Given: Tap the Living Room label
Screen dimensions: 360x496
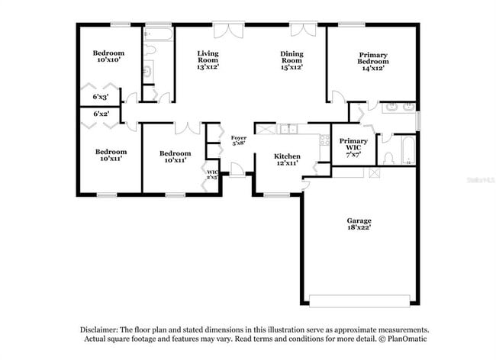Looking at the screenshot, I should tap(208, 59).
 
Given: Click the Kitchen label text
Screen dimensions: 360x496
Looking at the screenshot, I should tap(287, 156).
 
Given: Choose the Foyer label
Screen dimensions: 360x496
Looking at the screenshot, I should tap(239, 137).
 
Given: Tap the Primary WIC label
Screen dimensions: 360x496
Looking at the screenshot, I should tap(353, 144).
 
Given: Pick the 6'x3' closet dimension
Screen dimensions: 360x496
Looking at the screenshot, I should tap(101, 97).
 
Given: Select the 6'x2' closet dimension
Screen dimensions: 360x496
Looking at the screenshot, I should tap(101, 114).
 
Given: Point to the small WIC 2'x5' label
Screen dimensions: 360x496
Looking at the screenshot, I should tap(213, 175).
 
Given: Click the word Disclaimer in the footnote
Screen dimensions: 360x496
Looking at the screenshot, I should tap(103, 328).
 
